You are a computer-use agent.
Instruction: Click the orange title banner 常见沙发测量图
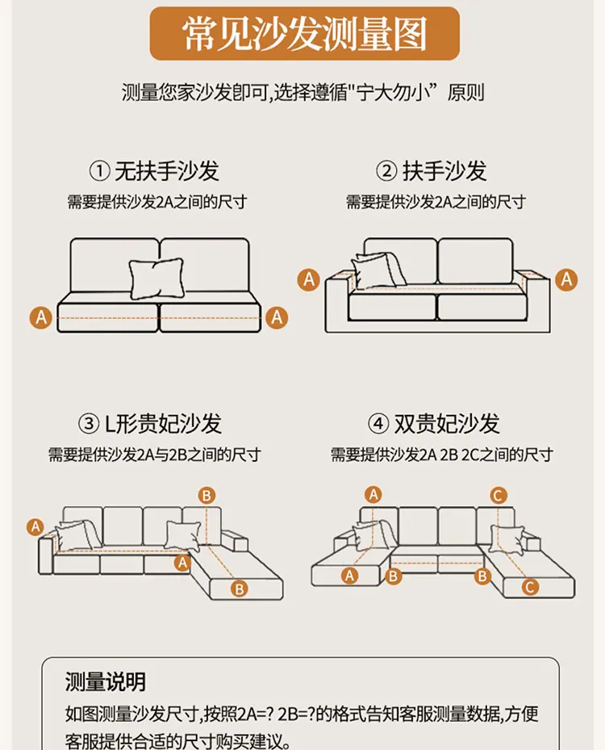pyautogui.click(x=305, y=34)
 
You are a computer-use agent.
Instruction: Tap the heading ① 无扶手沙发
pyautogui.click(x=154, y=171)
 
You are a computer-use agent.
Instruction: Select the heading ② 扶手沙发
pyautogui.click(x=431, y=171)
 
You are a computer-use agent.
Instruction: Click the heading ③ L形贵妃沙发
pyautogui.click(x=150, y=423)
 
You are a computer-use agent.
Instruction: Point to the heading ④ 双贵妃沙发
pyautogui.click(x=433, y=423)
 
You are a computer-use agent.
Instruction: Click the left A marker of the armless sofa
pyautogui.click(x=42, y=317)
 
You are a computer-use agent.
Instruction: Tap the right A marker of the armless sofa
pyautogui.click(x=277, y=317)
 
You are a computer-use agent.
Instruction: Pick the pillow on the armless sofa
pyautogui.click(x=156, y=279)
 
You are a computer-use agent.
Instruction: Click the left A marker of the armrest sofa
pyautogui.click(x=309, y=279)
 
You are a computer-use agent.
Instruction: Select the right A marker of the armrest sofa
pyautogui.click(x=566, y=279)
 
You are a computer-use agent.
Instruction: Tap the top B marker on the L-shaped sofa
pyautogui.click(x=207, y=495)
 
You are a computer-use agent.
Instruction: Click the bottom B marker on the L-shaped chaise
pyautogui.click(x=240, y=589)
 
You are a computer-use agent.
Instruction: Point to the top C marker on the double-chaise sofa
pyautogui.click(x=498, y=495)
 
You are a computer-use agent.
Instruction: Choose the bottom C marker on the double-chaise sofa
pyautogui.click(x=529, y=587)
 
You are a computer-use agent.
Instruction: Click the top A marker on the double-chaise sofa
pyautogui.click(x=373, y=494)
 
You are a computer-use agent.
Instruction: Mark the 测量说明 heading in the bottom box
pyautogui.click(x=105, y=681)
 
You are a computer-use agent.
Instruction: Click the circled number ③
pyautogui.click(x=89, y=424)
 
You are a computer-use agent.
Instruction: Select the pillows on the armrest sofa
pyautogui.click(x=378, y=270)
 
